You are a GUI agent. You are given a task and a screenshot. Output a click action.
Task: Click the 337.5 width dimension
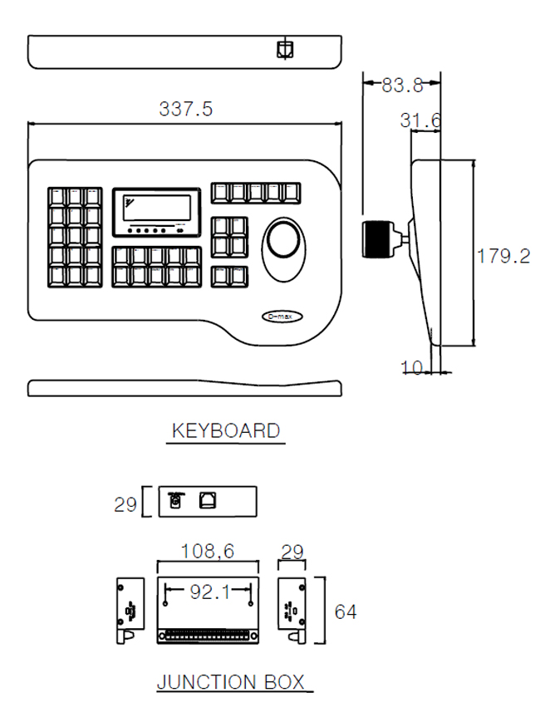tap(186, 109)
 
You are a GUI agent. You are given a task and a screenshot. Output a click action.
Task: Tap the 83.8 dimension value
tap(402, 85)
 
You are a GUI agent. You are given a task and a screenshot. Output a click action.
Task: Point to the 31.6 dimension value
tap(420, 120)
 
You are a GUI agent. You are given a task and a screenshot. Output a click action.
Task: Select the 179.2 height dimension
tap(503, 256)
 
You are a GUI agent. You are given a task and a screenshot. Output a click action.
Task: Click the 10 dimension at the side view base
tap(412, 367)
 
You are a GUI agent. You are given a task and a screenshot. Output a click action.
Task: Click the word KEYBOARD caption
tap(226, 430)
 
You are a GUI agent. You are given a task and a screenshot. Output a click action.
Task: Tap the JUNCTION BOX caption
tap(231, 682)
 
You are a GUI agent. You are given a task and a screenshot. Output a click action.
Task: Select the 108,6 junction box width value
tap(208, 551)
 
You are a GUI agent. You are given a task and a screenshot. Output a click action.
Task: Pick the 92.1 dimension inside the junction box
tap(210, 592)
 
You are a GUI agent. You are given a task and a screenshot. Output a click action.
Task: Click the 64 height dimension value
tap(346, 611)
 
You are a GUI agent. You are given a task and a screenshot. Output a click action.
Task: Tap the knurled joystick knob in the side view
tap(377, 239)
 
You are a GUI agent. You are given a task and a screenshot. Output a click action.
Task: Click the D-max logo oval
tap(282, 317)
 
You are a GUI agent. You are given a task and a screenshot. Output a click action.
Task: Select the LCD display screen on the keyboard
tap(157, 208)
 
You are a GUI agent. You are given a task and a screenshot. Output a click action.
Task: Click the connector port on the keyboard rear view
tap(285, 49)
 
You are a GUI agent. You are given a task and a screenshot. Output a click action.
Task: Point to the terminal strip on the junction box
tap(208, 636)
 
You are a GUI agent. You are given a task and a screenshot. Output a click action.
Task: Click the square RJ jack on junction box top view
tap(208, 500)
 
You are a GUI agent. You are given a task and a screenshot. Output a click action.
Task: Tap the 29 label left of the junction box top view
tap(125, 504)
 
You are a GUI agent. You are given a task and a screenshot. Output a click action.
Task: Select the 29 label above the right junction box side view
tap(292, 552)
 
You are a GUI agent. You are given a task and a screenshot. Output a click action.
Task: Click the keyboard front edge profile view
tap(184, 388)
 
